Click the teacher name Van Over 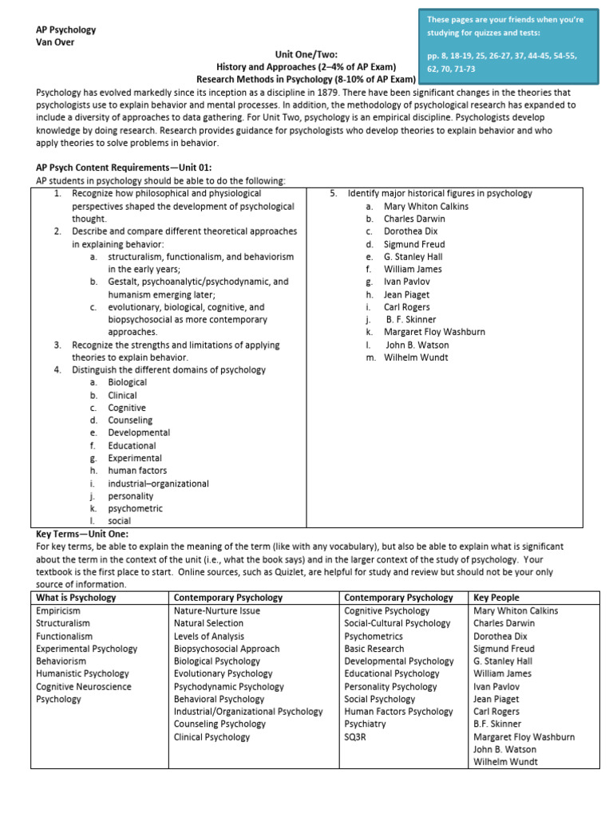click(56, 42)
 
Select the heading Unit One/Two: click(306, 54)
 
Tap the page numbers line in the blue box click(502, 56)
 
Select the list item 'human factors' click(137, 471)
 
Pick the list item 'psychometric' click(135, 508)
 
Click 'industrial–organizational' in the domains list click(158, 483)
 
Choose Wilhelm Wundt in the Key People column click(505, 762)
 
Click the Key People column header click(496, 598)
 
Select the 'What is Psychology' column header click(76, 598)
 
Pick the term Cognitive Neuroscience click(84, 686)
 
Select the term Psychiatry click(365, 724)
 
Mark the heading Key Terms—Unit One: click(82, 534)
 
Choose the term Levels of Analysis click(209, 636)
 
